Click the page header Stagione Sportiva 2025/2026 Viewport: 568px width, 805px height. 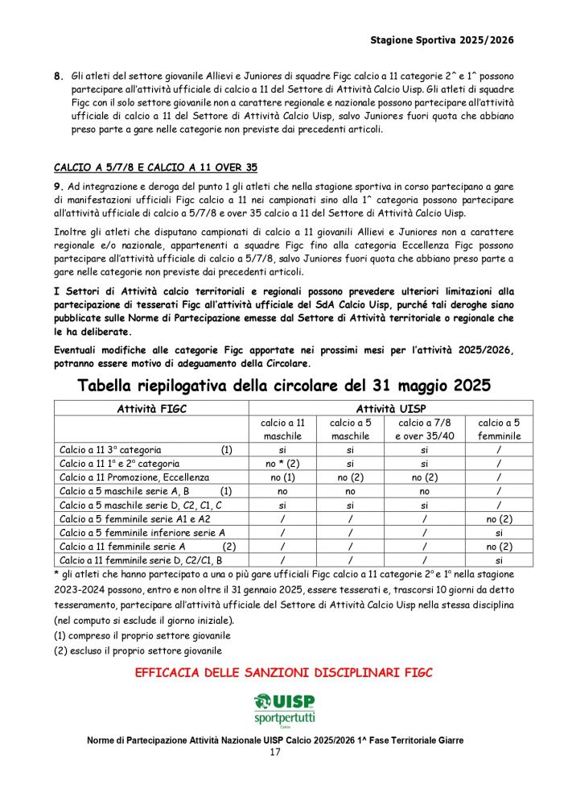(442, 39)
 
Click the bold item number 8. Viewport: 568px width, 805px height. (58, 76)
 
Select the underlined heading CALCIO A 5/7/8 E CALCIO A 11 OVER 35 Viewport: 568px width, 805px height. (155, 167)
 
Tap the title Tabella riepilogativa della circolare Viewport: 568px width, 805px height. (284, 386)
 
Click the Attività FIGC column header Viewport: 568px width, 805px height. (151, 409)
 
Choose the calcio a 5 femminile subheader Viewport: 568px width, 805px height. (499, 429)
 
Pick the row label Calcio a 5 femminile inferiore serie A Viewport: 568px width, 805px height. (142, 532)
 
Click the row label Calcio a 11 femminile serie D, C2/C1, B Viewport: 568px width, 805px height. (141, 559)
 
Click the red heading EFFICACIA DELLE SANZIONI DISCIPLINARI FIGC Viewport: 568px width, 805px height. (284, 672)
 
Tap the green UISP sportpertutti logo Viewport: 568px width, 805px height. (284, 708)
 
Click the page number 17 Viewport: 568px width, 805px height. (275, 752)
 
